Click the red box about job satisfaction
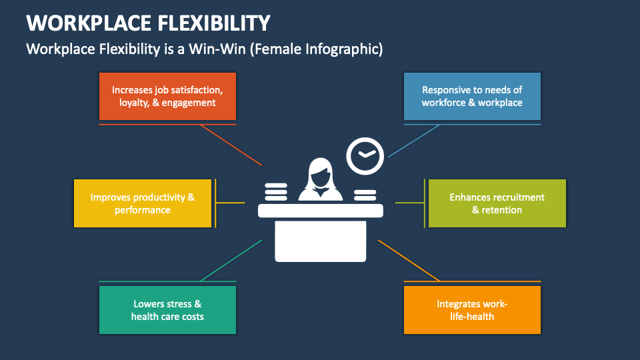[167, 96]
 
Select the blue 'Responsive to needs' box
[472, 96]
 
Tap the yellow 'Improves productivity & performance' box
[143, 203]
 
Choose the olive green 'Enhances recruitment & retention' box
[497, 203]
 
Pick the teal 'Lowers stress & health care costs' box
[167, 310]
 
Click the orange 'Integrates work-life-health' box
[472, 310]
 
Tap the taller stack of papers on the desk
[276, 192]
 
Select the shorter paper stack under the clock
[365, 195]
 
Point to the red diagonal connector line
[231, 145]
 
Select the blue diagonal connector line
[414, 141]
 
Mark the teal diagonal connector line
[231, 261]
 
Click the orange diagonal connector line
[409, 261]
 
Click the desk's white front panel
[321, 241]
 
